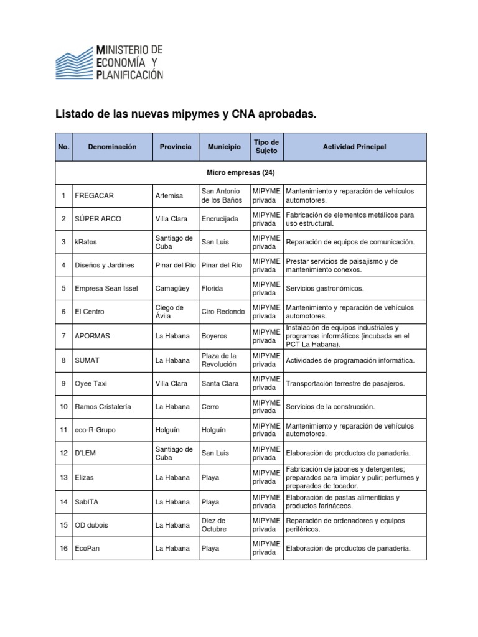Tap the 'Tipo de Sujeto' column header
coord(266,147)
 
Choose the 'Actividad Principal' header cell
coord(354,147)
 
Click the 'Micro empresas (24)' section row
coord(240,172)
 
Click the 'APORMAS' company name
coord(92,336)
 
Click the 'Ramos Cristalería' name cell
coord(103,407)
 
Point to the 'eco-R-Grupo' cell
coord(95,430)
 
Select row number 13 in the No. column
coord(63,478)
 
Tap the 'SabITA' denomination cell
coord(87,501)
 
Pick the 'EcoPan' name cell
coord(88,548)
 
